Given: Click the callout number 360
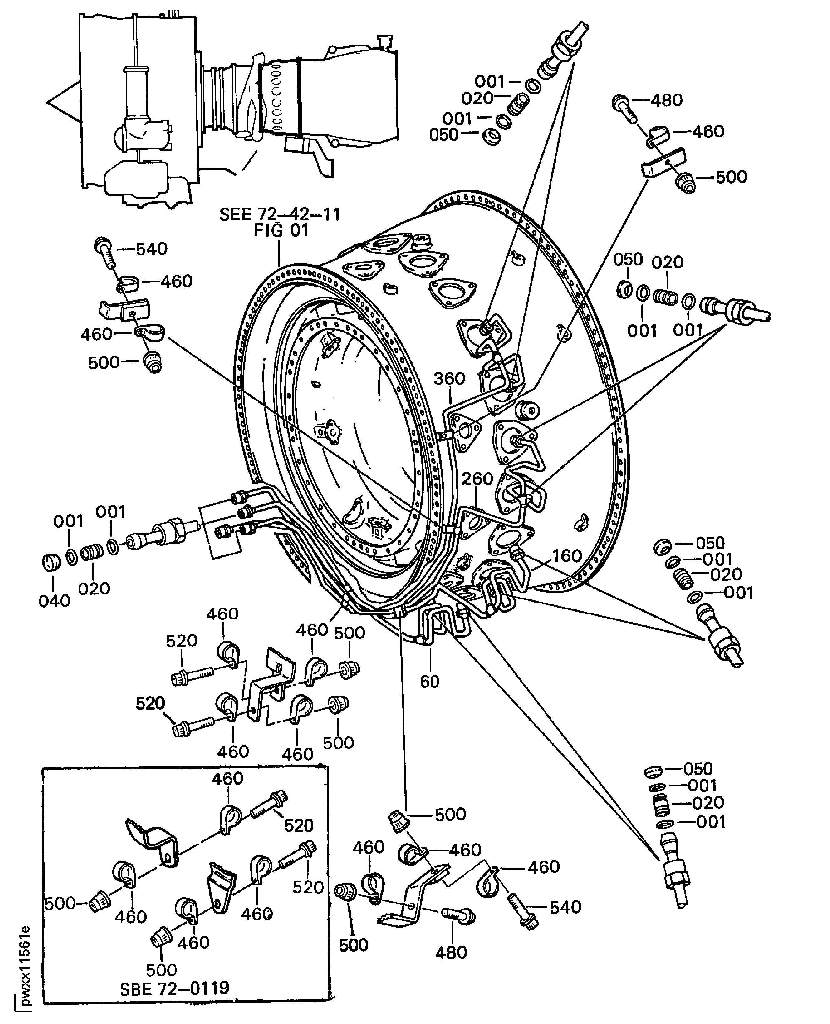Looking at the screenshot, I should click(x=449, y=378).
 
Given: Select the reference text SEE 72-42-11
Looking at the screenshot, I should click(x=280, y=215).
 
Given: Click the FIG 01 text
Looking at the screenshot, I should click(x=281, y=231).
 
